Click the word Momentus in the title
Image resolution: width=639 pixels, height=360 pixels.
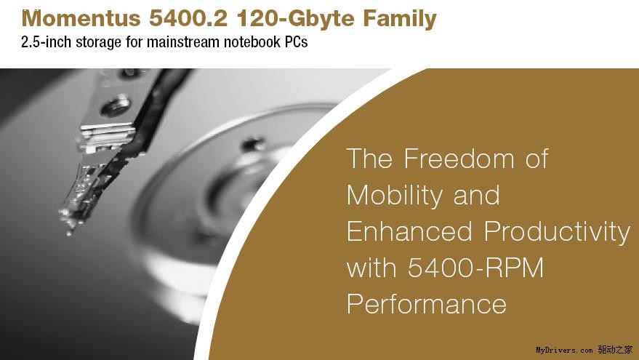click(x=81, y=18)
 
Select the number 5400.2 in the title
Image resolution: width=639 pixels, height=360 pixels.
click(x=188, y=18)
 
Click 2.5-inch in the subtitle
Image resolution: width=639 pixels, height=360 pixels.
click(x=47, y=42)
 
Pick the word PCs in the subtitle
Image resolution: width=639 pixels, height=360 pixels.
click(x=296, y=42)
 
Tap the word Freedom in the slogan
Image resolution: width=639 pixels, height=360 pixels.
click(x=459, y=159)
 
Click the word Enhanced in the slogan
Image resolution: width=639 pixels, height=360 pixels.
click(x=409, y=231)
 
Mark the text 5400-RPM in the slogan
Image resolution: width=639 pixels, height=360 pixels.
click(x=476, y=268)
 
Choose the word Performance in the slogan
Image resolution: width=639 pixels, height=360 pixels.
click(x=427, y=304)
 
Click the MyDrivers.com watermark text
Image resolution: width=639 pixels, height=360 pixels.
click(x=564, y=351)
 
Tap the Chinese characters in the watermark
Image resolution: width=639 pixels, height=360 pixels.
click(x=615, y=349)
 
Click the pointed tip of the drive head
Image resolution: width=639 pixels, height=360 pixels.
click(x=69, y=233)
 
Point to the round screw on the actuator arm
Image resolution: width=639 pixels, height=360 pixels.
click(x=116, y=105)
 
